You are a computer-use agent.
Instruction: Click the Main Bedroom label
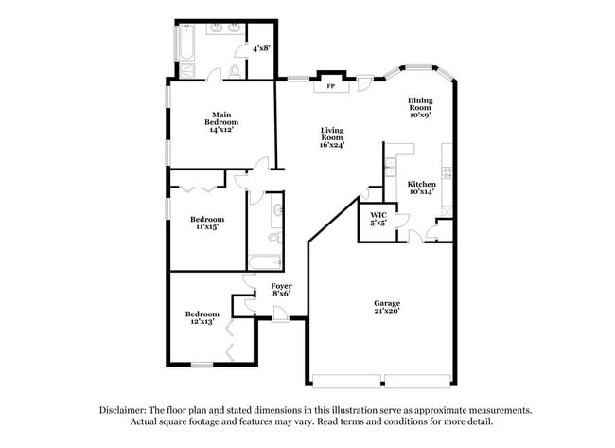pyautogui.click(x=222, y=123)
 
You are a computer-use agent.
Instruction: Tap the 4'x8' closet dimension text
pyautogui.click(x=262, y=47)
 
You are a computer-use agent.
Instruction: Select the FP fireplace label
pyautogui.click(x=330, y=86)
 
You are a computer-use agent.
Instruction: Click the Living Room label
pyautogui.click(x=331, y=138)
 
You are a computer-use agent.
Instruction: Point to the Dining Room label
pyautogui.click(x=420, y=107)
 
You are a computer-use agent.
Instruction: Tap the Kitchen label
pyautogui.click(x=421, y=188)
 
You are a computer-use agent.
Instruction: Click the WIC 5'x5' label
pyautogui.click(x=378, y=220)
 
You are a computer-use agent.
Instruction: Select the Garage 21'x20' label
pyautogui.click(x=386, y=308)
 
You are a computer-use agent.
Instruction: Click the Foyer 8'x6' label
pyautogui.click(x=281, y=289)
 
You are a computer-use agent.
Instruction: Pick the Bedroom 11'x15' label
pyautogui.click(x=204, y=223)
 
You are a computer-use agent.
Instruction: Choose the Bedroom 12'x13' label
pyautogui.click(x=202, y=317)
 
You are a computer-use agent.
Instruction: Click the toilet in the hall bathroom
pyautogui.click(x=273, y=238)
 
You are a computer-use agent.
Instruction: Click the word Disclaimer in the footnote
pyautogui.click(x=124, y=410)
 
